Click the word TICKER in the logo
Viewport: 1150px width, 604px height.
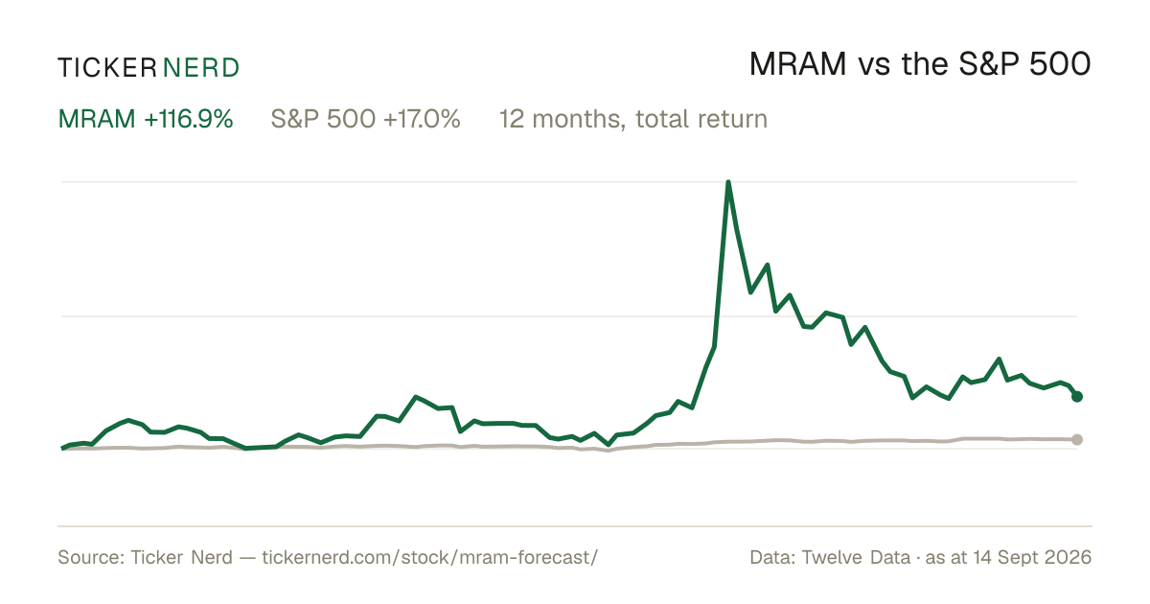(106, 68)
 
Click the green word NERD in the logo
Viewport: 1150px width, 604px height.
(201, 68)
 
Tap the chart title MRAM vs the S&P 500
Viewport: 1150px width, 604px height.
(920, 64)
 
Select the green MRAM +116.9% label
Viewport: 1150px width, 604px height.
(146, 119)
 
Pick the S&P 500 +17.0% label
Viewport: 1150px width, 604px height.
(365, 119)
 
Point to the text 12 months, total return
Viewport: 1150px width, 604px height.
(633, 120)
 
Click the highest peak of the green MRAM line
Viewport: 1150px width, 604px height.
(728, 182)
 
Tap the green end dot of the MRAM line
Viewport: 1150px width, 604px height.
(1077, 397)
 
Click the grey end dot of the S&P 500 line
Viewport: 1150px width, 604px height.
(1077, 440)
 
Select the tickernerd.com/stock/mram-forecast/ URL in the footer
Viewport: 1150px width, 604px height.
(429, 557)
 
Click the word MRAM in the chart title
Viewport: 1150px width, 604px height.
(797, 64)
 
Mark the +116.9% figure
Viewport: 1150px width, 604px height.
(189, 119)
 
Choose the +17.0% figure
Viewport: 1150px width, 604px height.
(422, 119)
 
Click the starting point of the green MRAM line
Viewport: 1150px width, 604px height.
(62, 449)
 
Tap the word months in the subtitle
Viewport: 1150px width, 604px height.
(579, 120)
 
